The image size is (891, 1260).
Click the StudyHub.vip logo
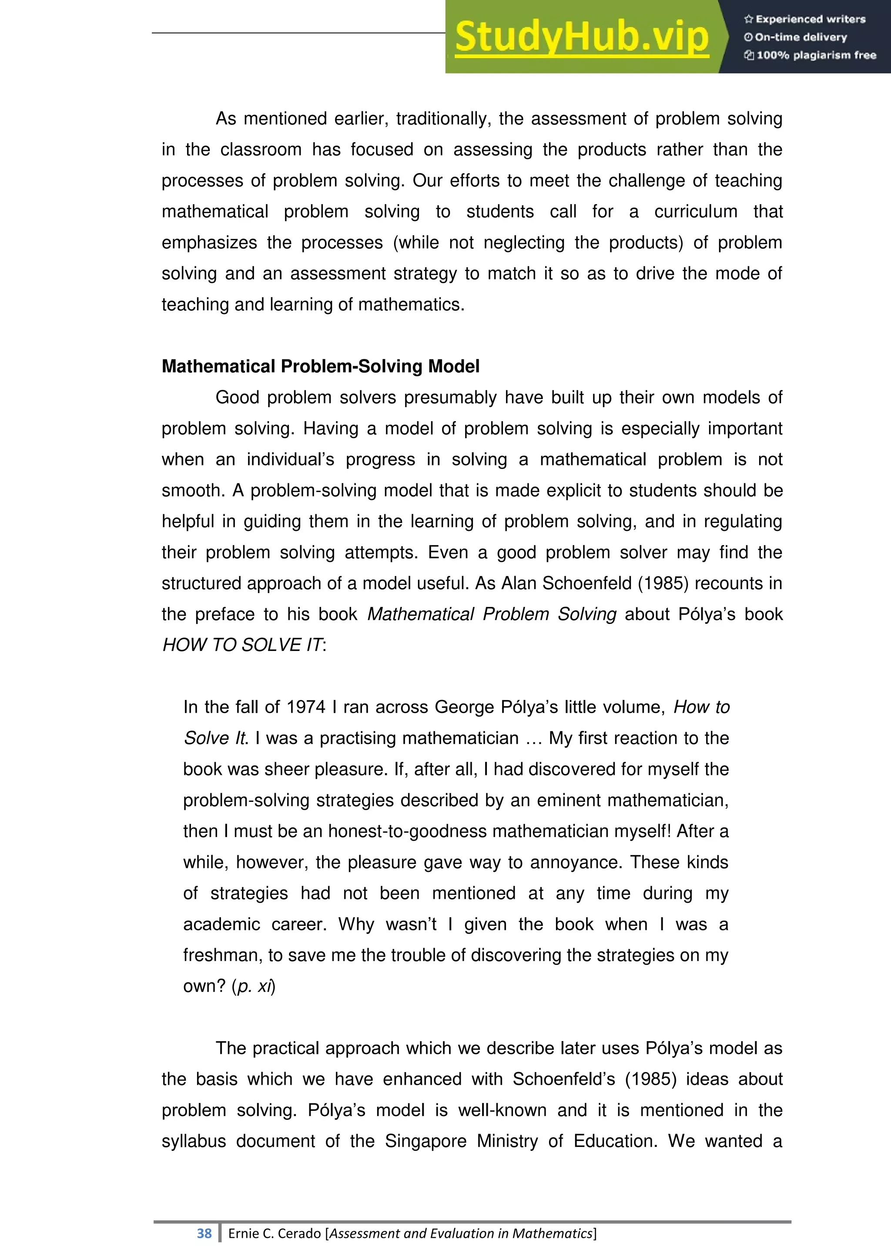(582, 37)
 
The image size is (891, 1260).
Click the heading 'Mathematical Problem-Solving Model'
(320, 366)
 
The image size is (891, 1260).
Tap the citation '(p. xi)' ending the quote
(254, 986)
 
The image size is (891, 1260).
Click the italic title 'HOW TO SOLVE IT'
(242, 645)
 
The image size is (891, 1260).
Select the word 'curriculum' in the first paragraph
(695, 211)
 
